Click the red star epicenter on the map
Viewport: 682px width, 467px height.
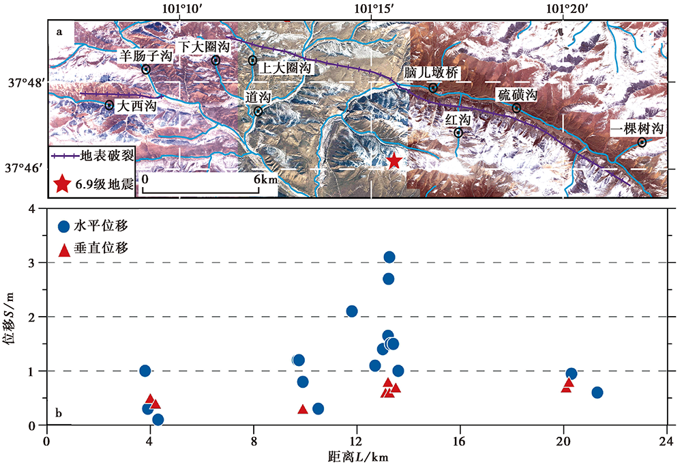[x=394, y=162]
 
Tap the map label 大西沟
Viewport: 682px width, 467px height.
[x=136, y=107]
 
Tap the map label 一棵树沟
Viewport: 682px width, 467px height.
[x=636, y=128]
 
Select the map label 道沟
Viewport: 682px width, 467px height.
[x=258, y=98]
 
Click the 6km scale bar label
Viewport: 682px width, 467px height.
[x=265, y=178]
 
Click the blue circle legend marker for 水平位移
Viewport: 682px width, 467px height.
[x=64, y=226]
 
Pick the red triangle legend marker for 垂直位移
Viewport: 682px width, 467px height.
[x=64, y=250]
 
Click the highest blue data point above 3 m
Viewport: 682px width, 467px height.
[x=389, y=257]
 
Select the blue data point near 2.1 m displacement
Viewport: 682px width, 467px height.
[x=352, y=311]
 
